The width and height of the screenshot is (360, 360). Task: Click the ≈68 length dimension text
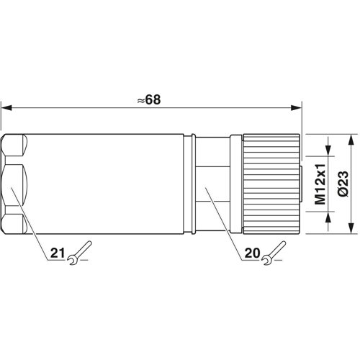pos(149,99)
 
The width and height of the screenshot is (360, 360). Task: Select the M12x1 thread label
pos(320,184)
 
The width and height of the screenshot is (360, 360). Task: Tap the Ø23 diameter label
pos(343,184)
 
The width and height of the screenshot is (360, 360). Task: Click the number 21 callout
pos(58,253)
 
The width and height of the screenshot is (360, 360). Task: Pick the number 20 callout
pos(252,253)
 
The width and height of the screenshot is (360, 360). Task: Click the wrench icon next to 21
pos(79,253)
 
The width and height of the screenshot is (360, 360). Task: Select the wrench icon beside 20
pos(274,253)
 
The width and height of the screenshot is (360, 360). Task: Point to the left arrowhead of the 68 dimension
pos(6,108)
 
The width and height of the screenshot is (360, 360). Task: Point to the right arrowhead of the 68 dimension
pos(296,108)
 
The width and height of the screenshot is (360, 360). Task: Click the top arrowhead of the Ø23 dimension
pos(351,139)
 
